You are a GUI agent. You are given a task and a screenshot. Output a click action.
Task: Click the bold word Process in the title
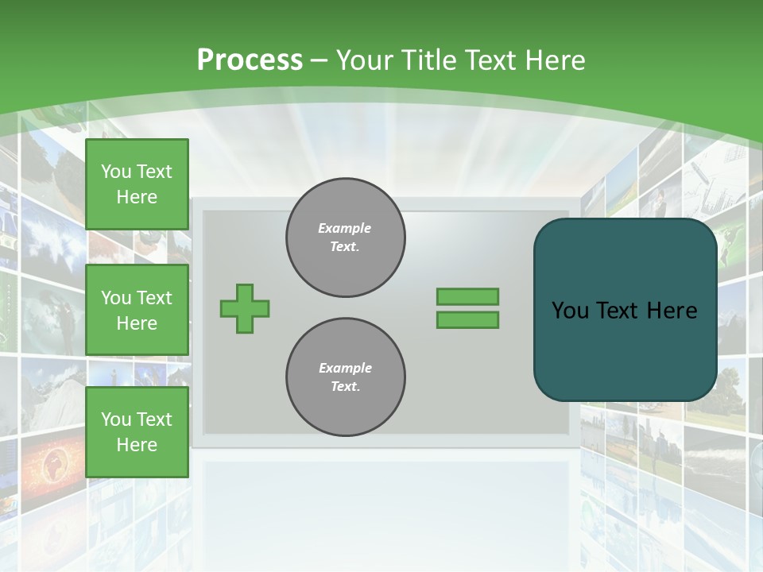(x=250, y=60)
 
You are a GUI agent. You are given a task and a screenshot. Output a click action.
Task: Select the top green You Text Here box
(x=137, y=184)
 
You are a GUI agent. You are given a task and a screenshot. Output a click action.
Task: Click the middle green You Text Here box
(x=137, y=310)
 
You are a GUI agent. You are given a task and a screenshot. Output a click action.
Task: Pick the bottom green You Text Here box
(x=137, y=432)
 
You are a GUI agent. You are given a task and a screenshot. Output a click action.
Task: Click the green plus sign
(x=245, y=308)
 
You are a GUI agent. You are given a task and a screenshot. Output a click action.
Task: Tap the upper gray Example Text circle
(x=346, y=238)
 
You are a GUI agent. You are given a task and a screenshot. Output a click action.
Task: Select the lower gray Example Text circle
(x=346, y=377)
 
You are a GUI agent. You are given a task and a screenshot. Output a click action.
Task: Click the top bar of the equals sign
(x=467, y=296)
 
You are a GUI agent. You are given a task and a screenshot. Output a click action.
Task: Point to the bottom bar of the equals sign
(x=467, y=320)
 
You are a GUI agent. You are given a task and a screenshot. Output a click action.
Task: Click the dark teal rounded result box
(x=625, y=350)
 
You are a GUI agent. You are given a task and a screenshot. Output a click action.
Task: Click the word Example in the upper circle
(x=345, y=228)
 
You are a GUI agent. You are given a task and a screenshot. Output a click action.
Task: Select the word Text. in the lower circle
(x=345, y=387)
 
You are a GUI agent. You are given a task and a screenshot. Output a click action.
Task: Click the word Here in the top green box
(x=137, y=197)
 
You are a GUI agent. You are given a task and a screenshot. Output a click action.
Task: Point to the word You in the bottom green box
(x=115, y=419)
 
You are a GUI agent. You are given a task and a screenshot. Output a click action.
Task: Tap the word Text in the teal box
(x=619, y=311)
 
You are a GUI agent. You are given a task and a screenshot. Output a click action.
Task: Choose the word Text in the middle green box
(x=153, y=298)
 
